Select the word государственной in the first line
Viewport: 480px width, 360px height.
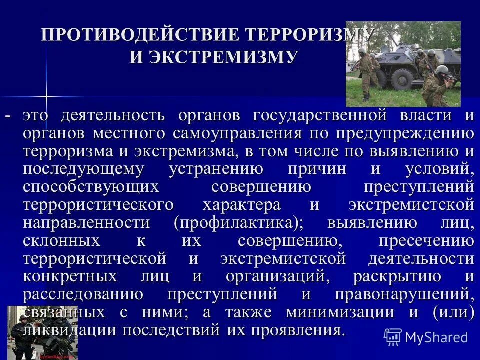[x=320, y=116]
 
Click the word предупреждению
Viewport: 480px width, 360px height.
[x=404, y=134]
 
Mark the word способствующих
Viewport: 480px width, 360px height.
[x=91, y=187]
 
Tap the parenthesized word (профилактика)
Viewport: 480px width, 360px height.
[x=238, y=222]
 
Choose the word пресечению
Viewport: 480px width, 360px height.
[x=426, y=241]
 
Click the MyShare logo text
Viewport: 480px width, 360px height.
[x=436, y=337]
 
